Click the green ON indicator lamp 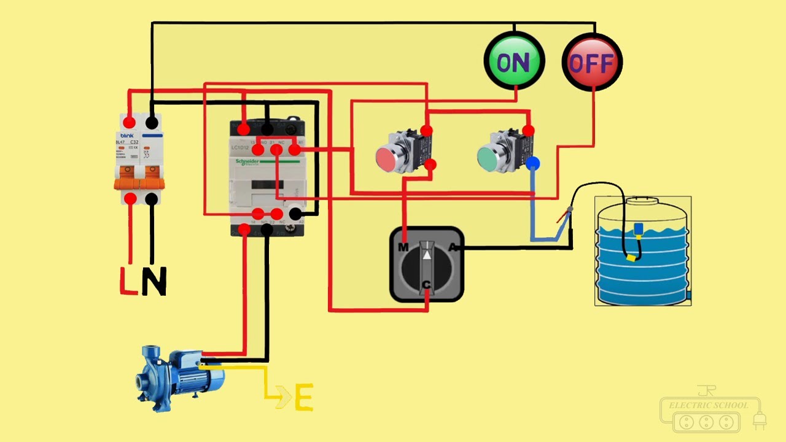click(514, 61)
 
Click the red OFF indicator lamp click(593, 62)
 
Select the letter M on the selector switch click(403, 247)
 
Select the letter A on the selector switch click(453, 247)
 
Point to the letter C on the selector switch click(426, 284)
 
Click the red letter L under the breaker click(128, 281)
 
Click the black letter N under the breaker click(154, 282)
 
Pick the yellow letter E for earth click(303, 397)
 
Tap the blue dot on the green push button click(532, 163)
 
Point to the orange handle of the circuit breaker click(141, 182)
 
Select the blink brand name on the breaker click(127, 135)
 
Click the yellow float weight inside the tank click(631, 258)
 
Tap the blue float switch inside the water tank click(638, 229)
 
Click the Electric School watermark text click(709, 405)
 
